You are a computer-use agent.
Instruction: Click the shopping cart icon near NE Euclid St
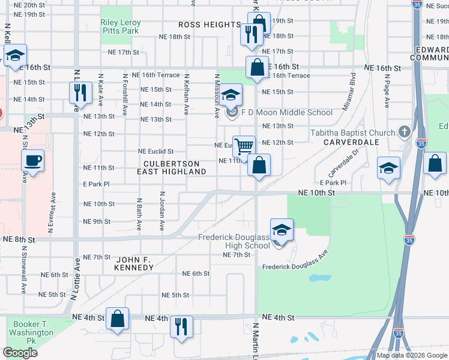(244, 145)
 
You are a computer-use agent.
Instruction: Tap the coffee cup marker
(32, 160)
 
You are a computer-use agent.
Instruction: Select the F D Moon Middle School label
(286, 112)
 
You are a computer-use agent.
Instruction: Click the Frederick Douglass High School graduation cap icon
(281, 230)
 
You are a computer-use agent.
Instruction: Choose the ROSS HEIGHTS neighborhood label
(209, 25)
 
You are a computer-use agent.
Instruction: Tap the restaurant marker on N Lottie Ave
(78, 92)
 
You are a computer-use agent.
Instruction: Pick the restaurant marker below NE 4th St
(181, 326)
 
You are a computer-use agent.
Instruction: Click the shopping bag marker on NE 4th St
(118, 319)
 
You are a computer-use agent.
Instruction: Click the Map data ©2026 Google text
(412, 355)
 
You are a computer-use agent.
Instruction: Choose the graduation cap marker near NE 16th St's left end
(14, 56)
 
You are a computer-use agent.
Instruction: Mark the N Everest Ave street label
(53, 206)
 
